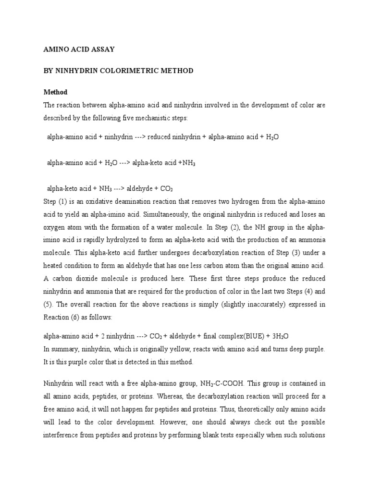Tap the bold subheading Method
point(56,92)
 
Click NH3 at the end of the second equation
point(188,163)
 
